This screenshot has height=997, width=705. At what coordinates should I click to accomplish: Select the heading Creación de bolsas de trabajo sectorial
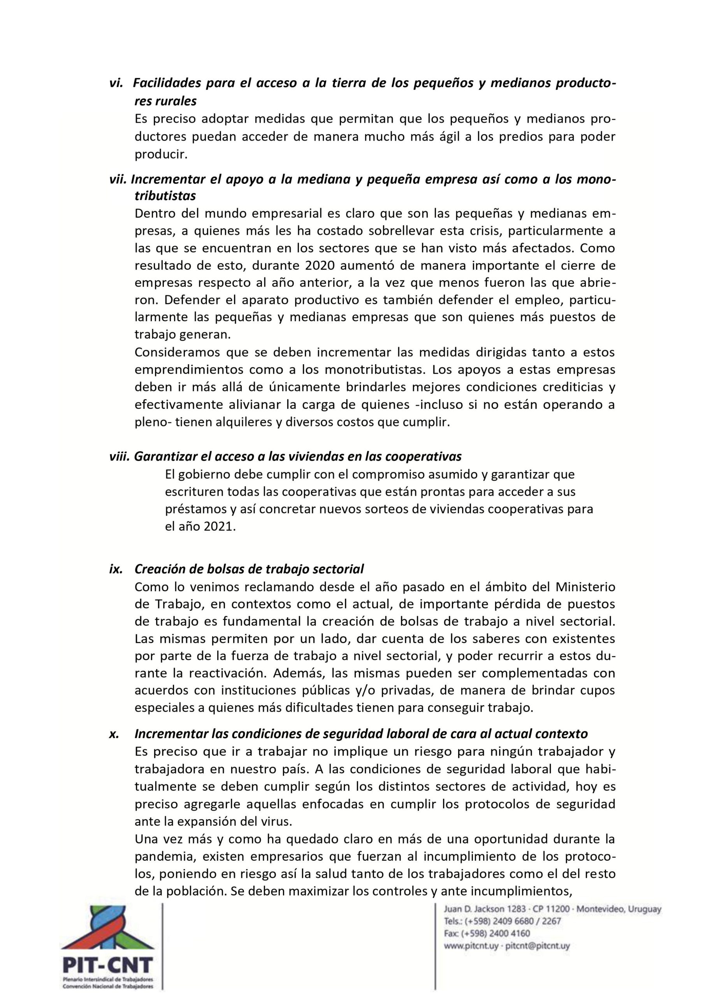[249, 569]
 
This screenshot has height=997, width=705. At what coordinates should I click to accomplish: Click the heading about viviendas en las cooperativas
[297, 456]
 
